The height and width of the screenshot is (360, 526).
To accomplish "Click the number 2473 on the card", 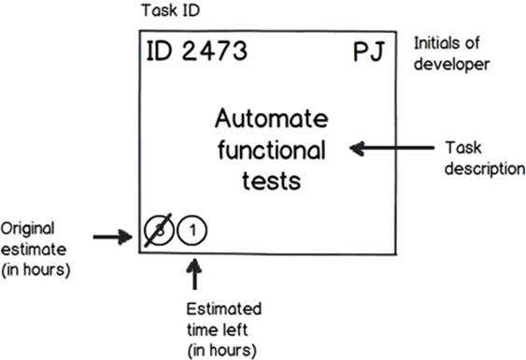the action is click(215, 51).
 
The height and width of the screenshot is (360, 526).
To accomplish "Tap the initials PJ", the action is click(369, 52).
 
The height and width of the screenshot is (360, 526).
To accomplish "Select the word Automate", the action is click(271, 119).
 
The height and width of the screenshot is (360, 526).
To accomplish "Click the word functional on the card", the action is click(271, 150).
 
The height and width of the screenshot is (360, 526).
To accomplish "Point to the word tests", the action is click(271, 181).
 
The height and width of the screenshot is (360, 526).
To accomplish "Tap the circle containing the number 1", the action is click(192, 230).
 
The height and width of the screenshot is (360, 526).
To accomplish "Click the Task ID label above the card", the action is click(170, 10).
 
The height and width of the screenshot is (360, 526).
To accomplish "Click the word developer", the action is click(451, 65).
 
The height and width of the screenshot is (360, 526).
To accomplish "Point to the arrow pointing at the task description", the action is click(391, 148).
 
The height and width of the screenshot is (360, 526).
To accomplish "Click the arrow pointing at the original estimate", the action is click(113, 237).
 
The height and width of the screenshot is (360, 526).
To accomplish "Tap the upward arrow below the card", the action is click(194, 273).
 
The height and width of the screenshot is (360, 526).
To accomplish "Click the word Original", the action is click(27, 229).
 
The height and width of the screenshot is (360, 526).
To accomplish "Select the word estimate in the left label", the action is click(34, 250).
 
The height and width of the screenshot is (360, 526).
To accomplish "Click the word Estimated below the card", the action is click(224, 309).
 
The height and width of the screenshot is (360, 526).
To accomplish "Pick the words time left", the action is click(217, 330).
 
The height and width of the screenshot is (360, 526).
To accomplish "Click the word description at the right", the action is click(485, 168).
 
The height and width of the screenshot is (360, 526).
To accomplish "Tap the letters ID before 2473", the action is click(160, 51).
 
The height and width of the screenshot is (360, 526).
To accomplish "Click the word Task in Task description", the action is click(463, 148).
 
